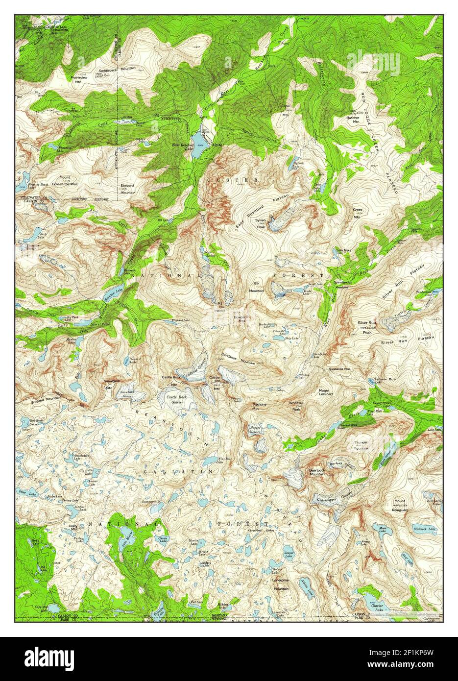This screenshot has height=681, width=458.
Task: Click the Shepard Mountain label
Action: pos(128,189)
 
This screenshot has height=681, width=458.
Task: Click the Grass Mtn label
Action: pos(357,213)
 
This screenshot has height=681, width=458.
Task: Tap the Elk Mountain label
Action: pos(256,288)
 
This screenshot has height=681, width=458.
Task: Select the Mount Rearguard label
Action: pos(400,504)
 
